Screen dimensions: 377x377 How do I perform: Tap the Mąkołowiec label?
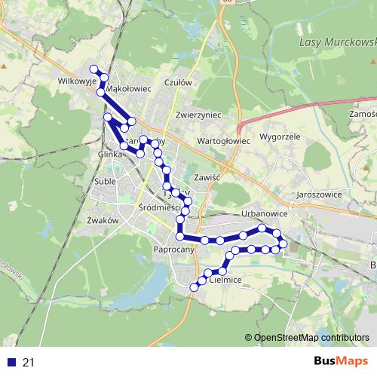click(x=130, y=88)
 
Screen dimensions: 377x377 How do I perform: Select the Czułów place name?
click(x=179, y=83)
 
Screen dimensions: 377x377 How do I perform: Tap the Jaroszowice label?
click(x=320, y=194)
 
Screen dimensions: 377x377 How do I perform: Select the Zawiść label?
click(x=206, y=177)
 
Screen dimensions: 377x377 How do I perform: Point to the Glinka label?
click(x=110, y=154)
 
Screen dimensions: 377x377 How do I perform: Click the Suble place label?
click(x=106, y=182)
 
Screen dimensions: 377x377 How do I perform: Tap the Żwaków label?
click(x=103, y=220)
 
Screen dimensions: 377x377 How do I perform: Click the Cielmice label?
click(x=224, y=280)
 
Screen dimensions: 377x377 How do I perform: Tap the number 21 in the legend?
click(x=29, y=363)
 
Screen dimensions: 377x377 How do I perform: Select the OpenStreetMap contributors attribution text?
click(x=311, y=339)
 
